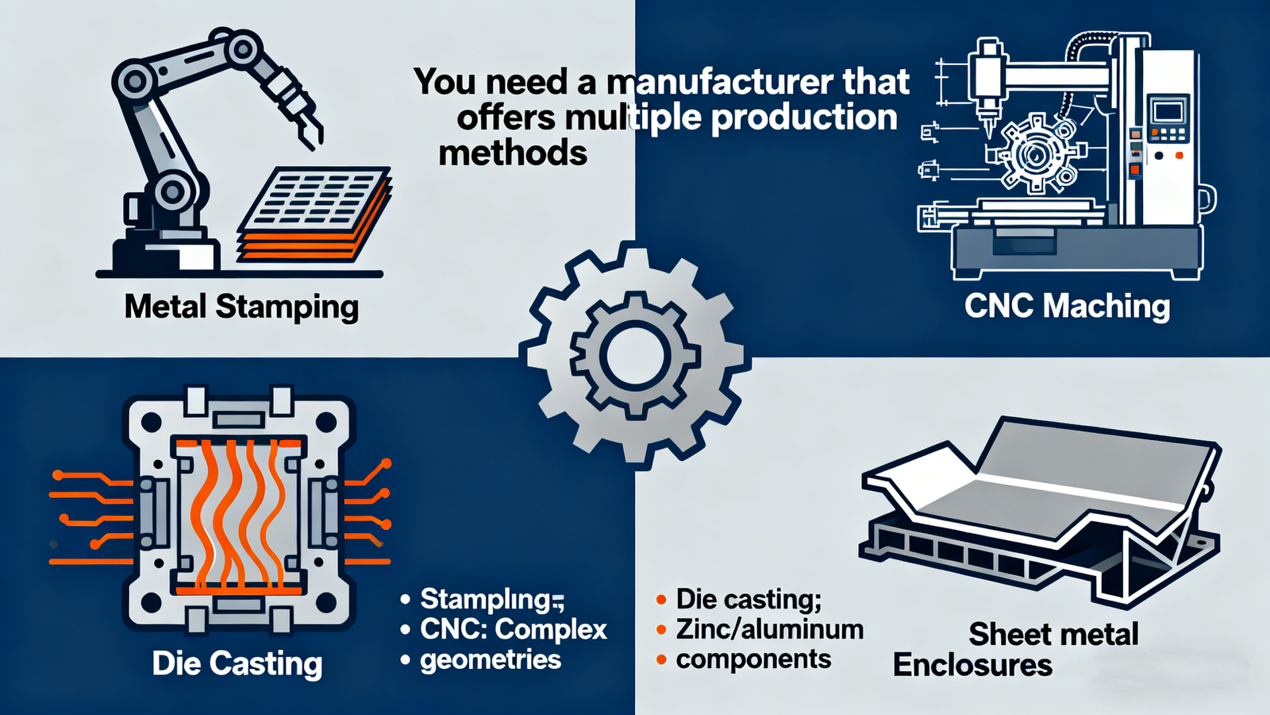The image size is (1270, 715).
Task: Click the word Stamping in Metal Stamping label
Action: point(287,307)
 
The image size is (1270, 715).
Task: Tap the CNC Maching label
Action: point(1067,306)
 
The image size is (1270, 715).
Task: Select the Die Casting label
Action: point(237,663)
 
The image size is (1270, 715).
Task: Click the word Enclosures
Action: point(972,665)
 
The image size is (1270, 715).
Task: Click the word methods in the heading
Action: point(513,153)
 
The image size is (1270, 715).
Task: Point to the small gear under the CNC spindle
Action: point(1036,155)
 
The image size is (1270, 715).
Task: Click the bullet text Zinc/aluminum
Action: point(769,629)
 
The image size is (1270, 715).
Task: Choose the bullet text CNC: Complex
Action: point(513,629)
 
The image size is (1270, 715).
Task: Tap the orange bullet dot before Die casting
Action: point(661,600)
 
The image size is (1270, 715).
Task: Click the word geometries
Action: point(491,659)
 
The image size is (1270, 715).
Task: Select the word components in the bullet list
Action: point(753,659)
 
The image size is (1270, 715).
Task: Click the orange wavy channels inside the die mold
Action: point(239,516)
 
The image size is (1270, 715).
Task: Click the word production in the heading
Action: point(804,118)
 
